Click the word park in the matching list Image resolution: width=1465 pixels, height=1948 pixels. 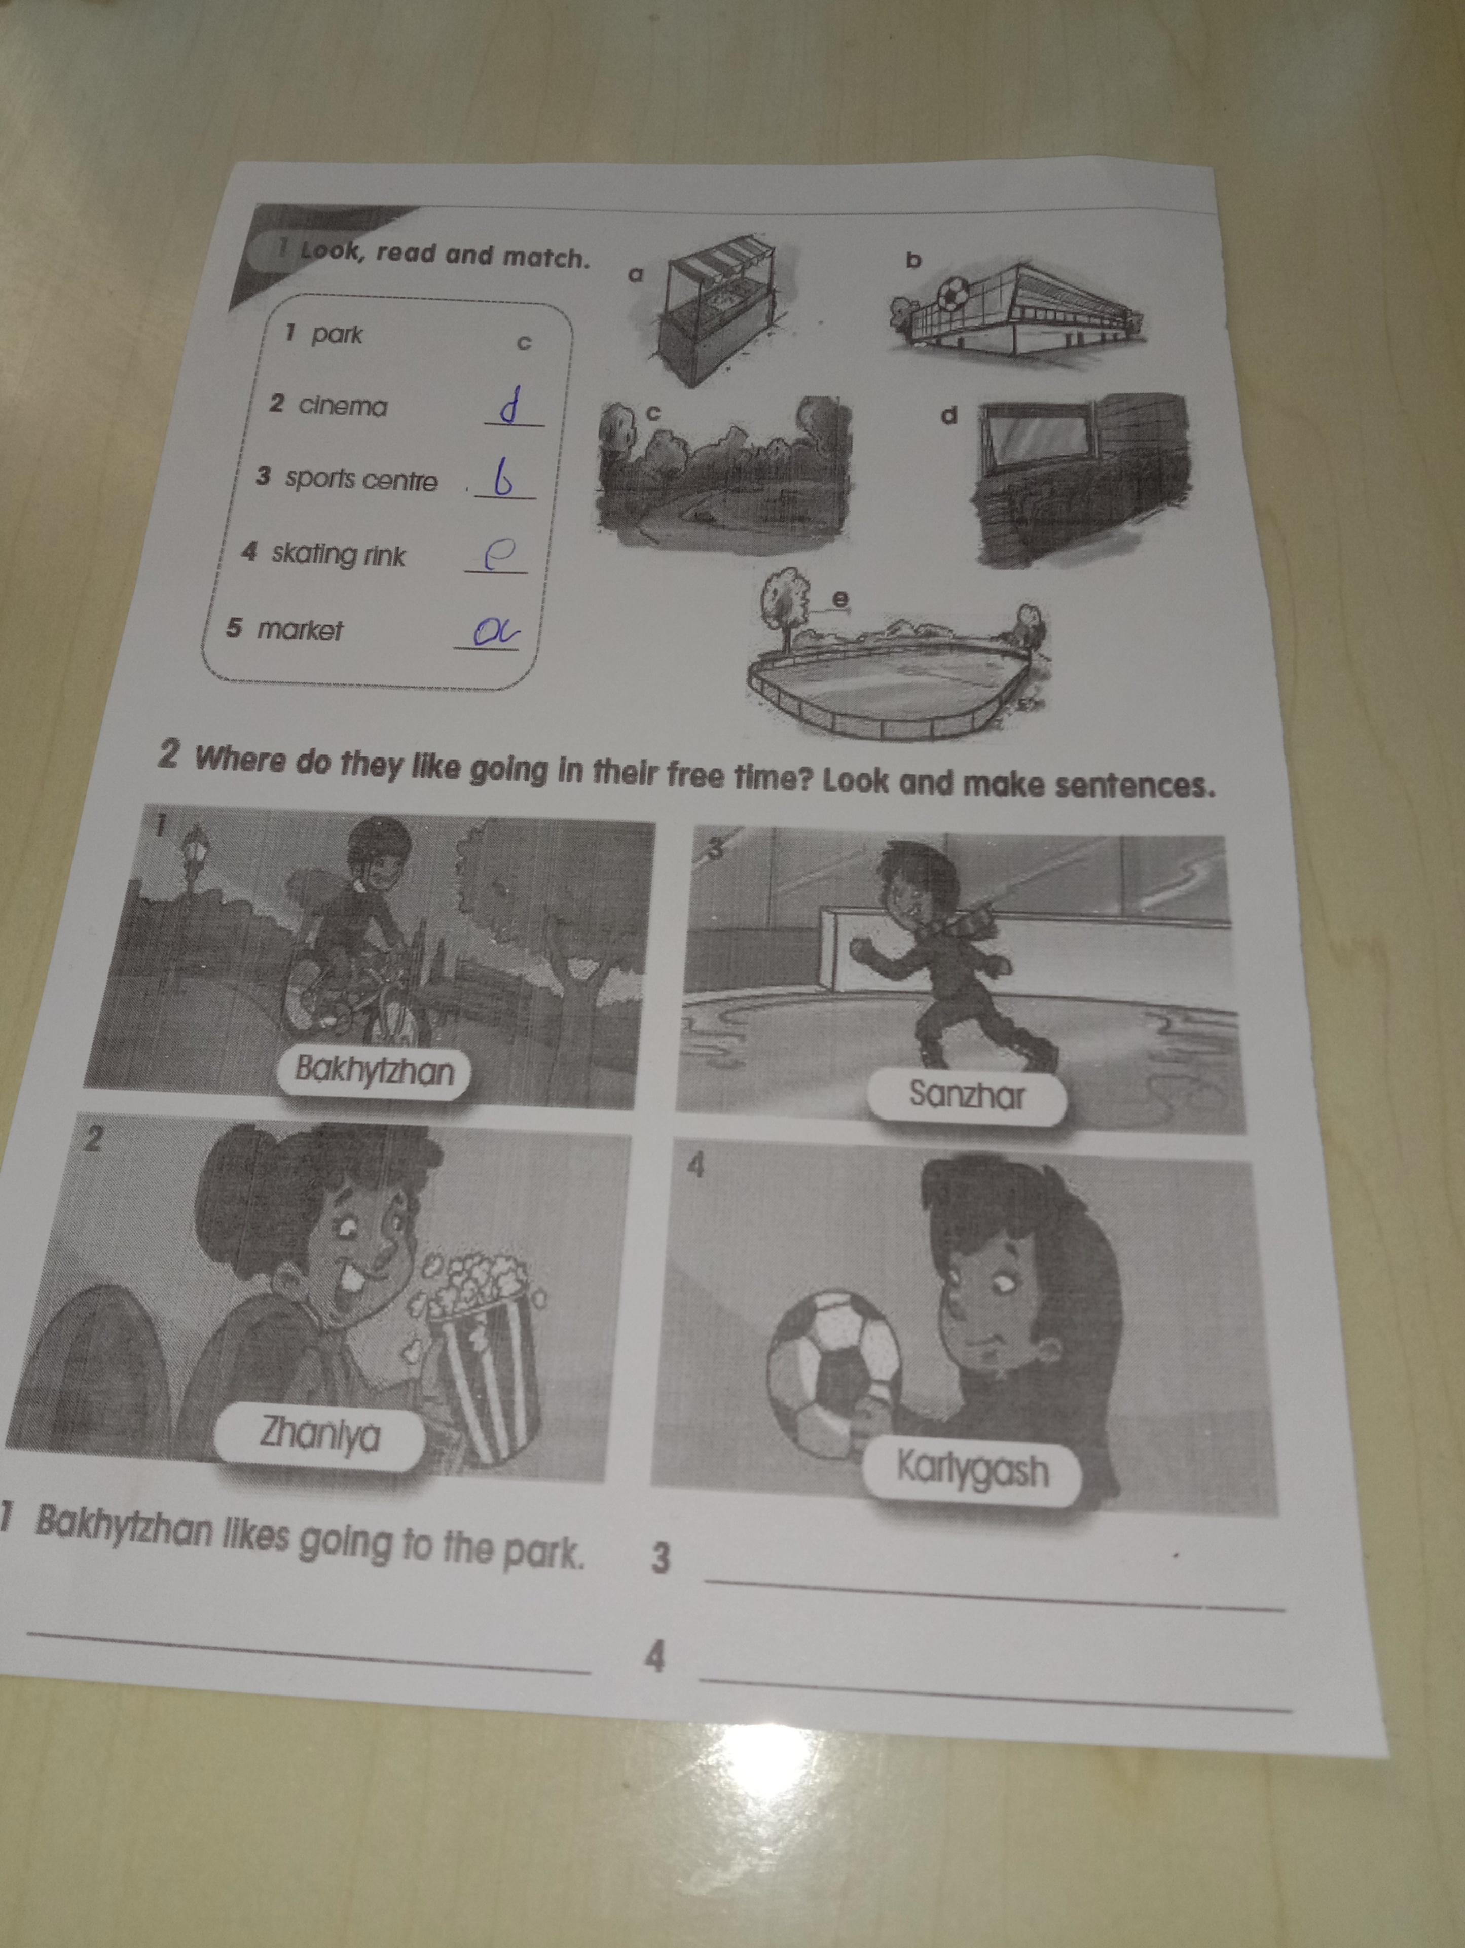(x=336, y=335)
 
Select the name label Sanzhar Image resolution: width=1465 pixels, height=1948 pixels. (x=967, y=1096)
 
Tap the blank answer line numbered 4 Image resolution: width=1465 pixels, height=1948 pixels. (x=995, y=1696)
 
